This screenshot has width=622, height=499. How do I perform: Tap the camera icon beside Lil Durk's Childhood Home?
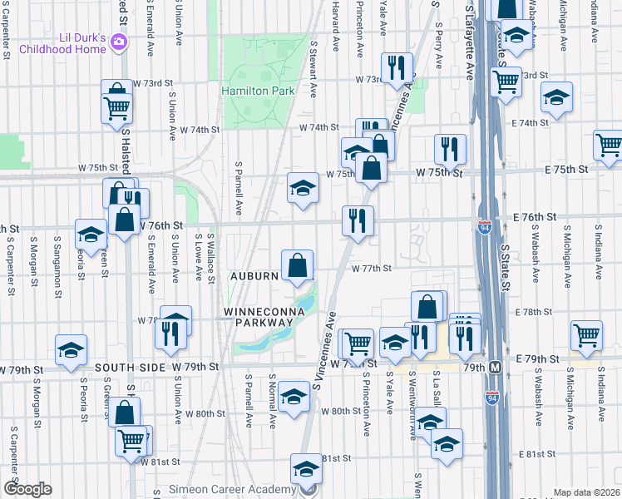tap(120, 42)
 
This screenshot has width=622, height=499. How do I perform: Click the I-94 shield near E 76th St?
tap(485, 226)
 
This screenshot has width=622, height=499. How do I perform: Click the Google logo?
tap(27, 490)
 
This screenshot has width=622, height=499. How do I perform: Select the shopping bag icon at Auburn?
tap(297, 266)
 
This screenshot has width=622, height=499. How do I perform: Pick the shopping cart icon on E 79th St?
tap(586, 335)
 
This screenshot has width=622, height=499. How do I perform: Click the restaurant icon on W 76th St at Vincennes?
tap(358, 221)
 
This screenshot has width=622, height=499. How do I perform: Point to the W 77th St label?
tap(371, 269)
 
